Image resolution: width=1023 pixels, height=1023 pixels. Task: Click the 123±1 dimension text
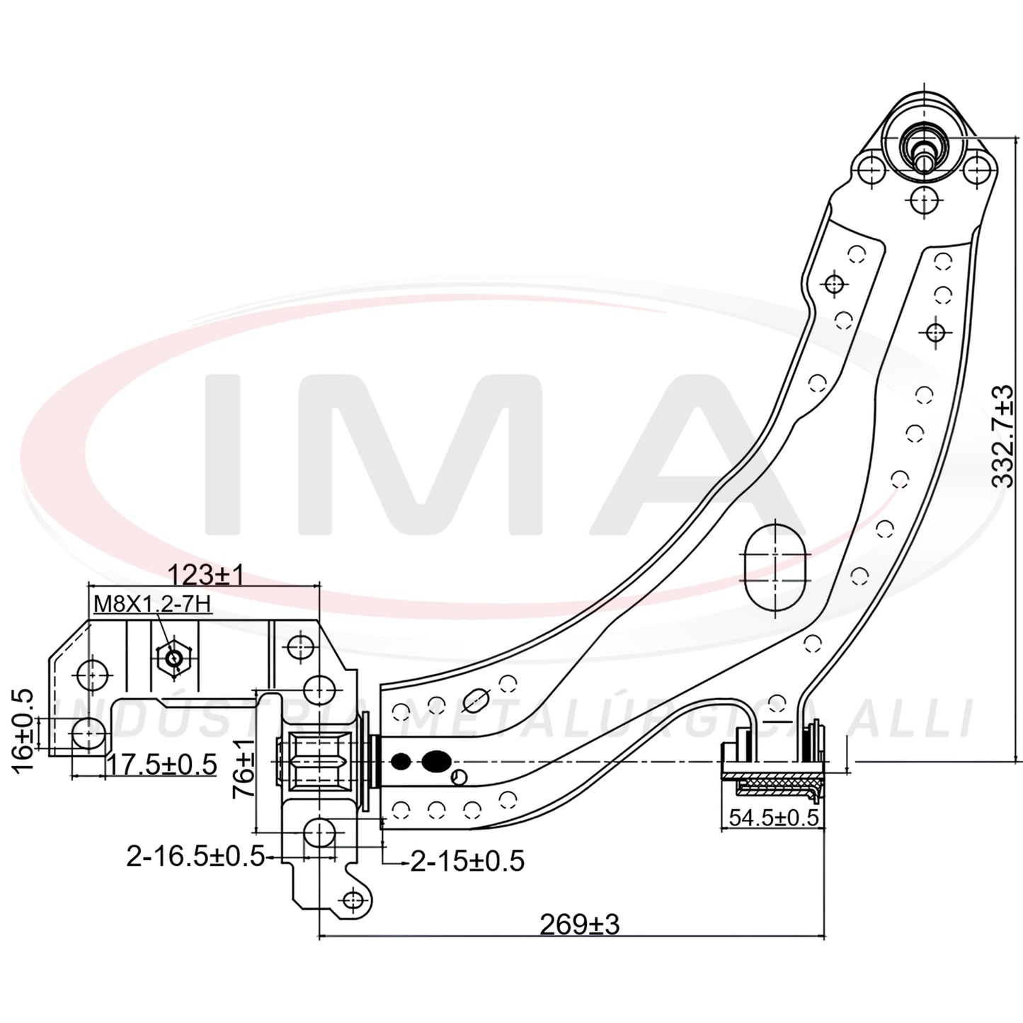click(207, 574)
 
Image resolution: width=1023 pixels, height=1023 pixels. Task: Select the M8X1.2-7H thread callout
click(152, 604)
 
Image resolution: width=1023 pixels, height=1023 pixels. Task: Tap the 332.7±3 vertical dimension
click(1003, 436)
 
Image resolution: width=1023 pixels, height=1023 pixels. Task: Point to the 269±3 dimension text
click(580, 925)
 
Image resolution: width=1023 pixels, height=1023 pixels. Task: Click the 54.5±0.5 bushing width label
click(774, 817)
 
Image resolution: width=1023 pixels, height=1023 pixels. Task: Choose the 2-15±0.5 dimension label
click(468, 861)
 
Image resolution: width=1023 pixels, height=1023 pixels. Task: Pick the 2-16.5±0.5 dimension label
click(195, 856)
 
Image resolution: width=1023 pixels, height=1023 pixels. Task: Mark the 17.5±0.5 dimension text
click(162, 765)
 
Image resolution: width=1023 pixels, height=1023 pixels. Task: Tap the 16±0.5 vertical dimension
click(22, 731)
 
